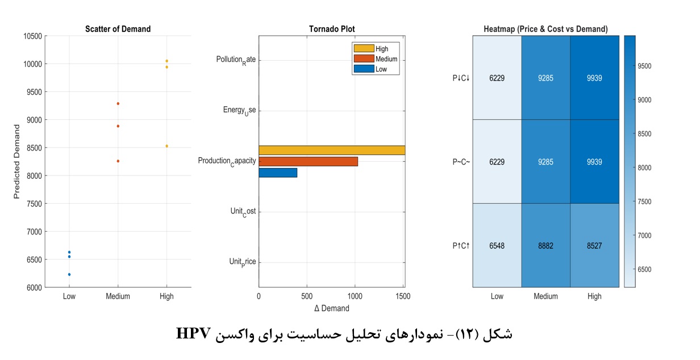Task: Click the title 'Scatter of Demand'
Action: tap(118, 29)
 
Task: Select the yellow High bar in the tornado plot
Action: tap(332, 150)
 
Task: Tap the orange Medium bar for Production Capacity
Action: tap(308, 161)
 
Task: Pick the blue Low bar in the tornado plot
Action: tap(278, 173)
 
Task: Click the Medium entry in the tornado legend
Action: tap(386, 59)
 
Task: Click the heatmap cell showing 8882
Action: tap(545, 246)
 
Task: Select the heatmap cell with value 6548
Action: tap(497, 246)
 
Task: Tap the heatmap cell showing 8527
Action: tap(594, 246)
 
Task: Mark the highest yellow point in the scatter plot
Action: tap(166, 61)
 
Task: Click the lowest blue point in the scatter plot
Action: tap(69, 274)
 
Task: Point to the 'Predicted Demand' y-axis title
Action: tap(18, 162)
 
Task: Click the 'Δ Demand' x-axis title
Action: tap(332, 308)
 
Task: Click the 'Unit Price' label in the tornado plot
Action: tap(242, 262)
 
